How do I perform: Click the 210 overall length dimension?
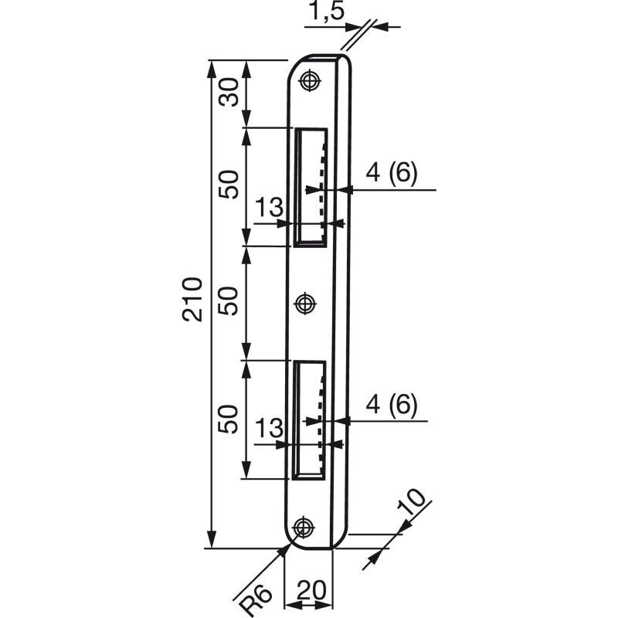(192, 300)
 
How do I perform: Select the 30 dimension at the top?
(229, 92)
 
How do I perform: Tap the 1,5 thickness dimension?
(326, 11)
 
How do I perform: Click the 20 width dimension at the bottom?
(312, 590)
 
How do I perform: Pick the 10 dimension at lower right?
(411, 502)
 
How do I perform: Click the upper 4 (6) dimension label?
(391, 173)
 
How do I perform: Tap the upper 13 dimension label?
(269, 207)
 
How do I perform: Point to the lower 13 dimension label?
(269, 428)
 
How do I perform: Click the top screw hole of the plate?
(311, 81)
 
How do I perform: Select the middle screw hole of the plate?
(305, 304)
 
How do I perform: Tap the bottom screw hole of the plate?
(303, 527)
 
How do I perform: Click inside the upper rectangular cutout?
(311, 188)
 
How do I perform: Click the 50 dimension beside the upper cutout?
(229, 185)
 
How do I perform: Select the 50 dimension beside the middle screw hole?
(229, 301)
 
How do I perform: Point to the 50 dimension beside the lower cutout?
(229, 419)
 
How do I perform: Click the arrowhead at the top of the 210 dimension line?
(212, 70)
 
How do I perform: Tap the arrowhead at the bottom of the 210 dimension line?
(212, 538)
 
